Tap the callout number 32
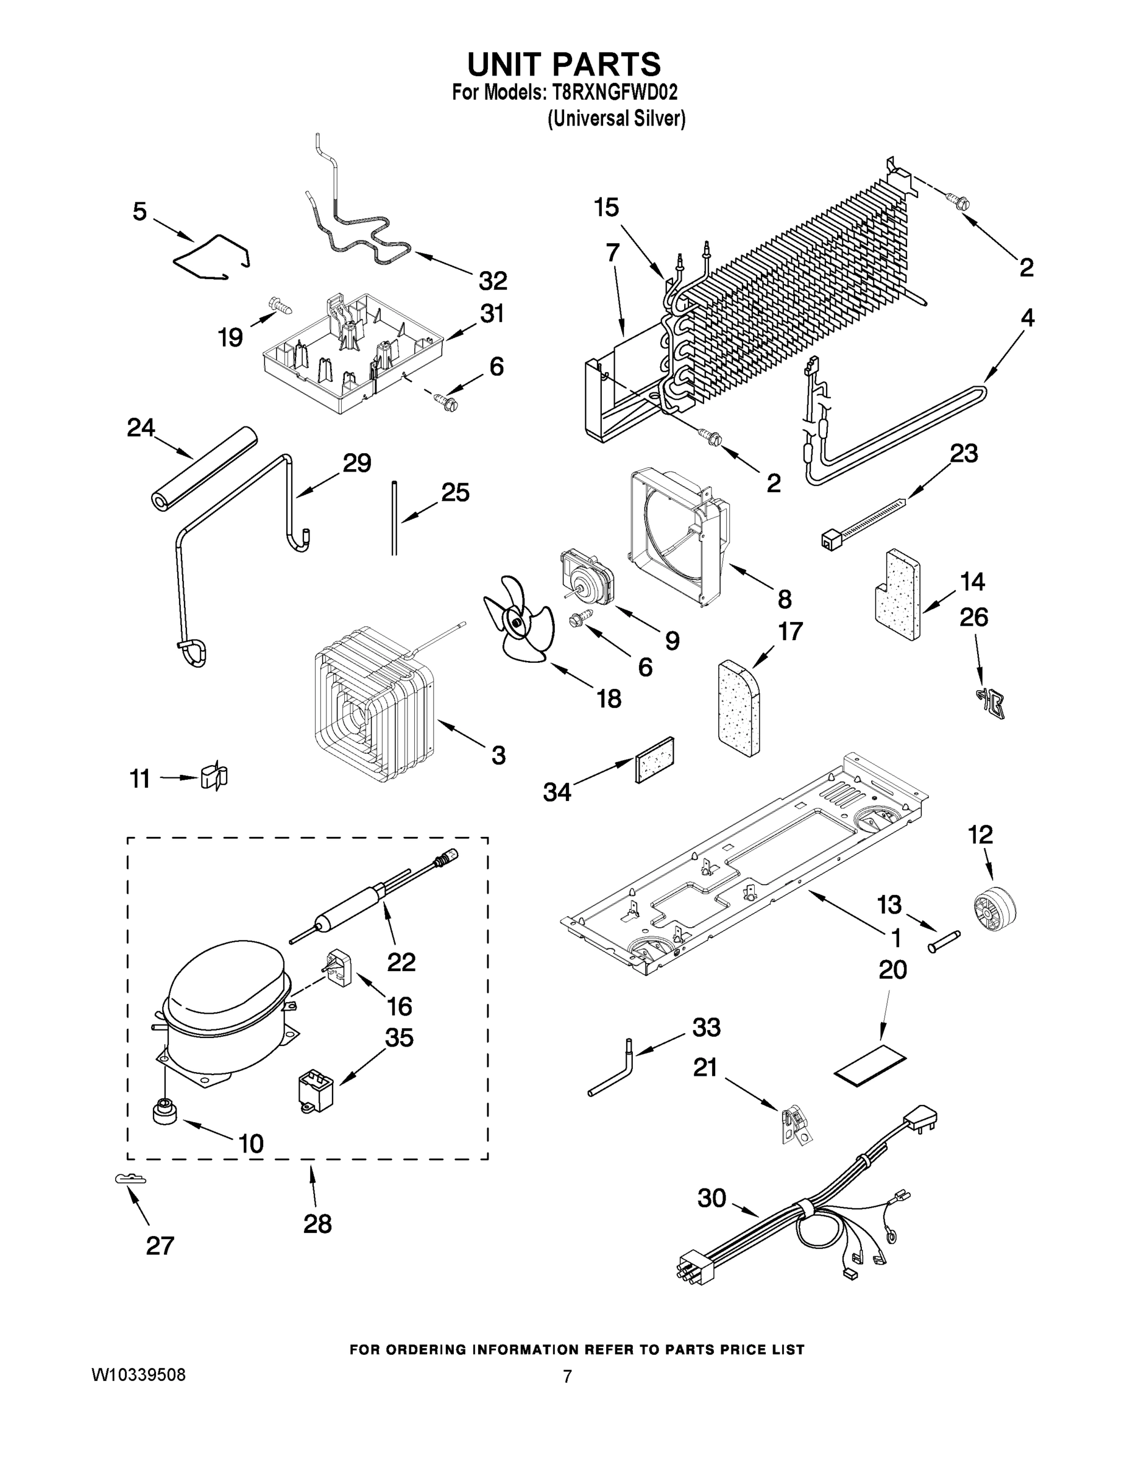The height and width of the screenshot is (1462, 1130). click(493, 281)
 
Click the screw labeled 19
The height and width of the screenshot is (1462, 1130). click(279, 306)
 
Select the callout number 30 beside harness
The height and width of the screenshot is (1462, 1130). click(711, 1198)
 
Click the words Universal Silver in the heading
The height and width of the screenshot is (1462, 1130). click(616, 119)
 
